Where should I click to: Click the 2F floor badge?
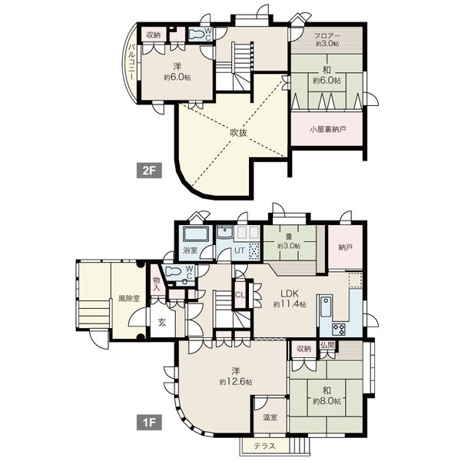(149, 171)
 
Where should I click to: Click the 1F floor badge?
(149, 423)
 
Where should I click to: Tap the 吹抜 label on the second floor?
(238, 133)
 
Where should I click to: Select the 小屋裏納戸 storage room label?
(328, 129)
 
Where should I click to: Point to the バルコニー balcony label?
(132, 62)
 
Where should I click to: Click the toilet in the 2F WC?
(196, 34)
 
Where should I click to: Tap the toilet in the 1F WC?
(174, 271)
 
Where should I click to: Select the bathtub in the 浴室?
(196, 234)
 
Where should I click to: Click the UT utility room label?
(239, 250)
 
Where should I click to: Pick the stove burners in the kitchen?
(338, 330)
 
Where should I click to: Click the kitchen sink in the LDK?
(326, 307)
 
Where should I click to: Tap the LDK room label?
(290, 294)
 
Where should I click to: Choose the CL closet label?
(240, 295)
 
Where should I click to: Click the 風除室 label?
(129, 299)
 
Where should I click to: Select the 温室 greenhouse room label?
(270, 417)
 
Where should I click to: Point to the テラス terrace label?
(265, 446)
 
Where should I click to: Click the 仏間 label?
(327, 344)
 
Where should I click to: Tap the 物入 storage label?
(157, 284)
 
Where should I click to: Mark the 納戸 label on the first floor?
(346, 247)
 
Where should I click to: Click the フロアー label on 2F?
(327, 36)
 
